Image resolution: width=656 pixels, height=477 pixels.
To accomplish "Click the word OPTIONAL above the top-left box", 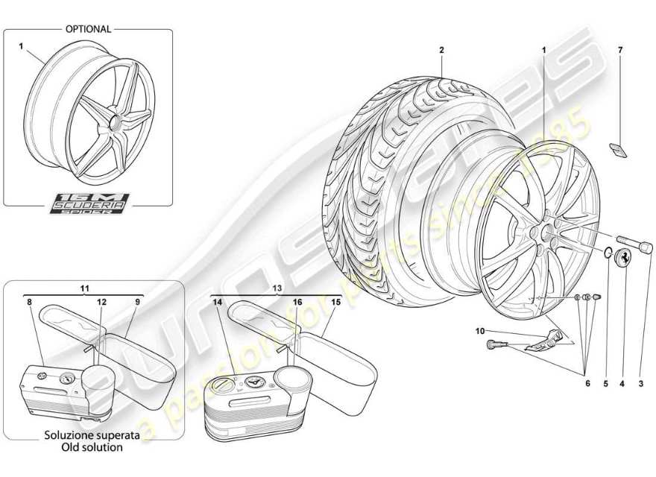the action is [x=88, y=29].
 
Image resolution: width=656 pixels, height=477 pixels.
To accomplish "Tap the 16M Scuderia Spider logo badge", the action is [x=89, y=203].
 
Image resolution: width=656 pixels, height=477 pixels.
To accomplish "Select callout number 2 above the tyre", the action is [x=441, y=51].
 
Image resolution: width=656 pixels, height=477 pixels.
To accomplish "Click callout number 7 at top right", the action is [x=619, y=51].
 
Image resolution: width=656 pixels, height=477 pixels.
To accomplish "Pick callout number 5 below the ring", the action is [x=605, y=384].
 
